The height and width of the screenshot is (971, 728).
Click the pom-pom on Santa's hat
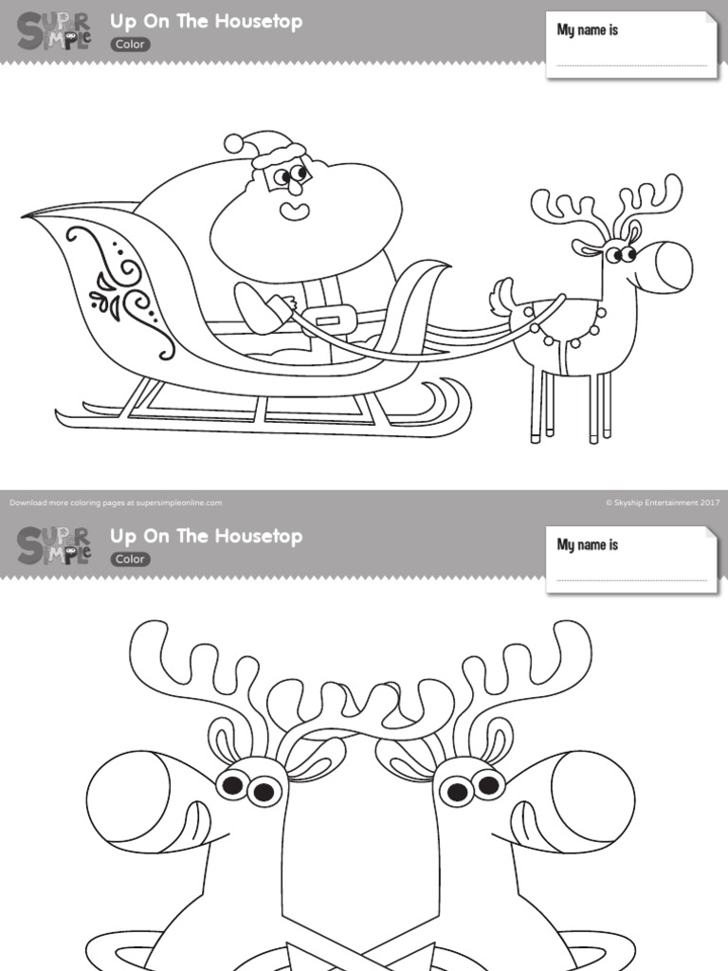tap(233, 143)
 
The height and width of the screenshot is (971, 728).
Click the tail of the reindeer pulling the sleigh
tap(501, 298)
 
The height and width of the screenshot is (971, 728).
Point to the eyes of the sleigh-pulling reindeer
tap(620, 254)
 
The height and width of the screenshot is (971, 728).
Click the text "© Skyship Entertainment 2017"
tap(663, 503)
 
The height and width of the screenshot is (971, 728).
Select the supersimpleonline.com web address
tap(186, 503)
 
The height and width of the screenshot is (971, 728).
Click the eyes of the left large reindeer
tap(248, 787)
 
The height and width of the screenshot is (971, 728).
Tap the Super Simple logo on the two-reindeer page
tap(54, 545)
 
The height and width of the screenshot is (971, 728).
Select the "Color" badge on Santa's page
tap(130, 44)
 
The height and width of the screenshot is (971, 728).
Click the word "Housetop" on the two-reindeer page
tap(258, 536)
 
